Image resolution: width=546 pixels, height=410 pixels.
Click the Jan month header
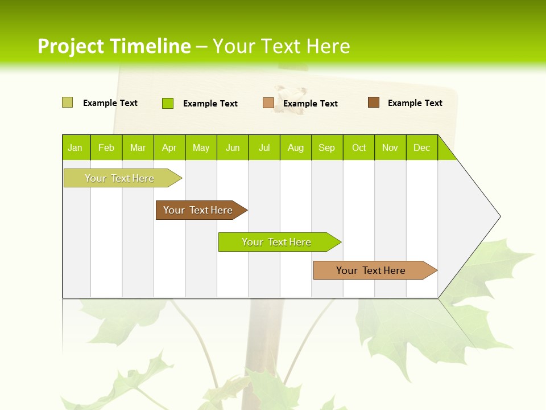(x=75, y=147)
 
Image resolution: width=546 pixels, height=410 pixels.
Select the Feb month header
(x=106, y=147)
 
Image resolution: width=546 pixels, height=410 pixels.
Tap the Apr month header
(x=169, y=147)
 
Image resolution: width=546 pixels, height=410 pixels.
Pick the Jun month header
(x=233, y=147)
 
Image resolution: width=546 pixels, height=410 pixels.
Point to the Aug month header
(x=296, y=147)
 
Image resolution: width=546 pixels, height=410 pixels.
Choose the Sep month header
(x=327, y=147)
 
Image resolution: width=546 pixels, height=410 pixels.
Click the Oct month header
(x=359, y=147)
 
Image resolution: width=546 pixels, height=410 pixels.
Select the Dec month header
(x=422, y=147)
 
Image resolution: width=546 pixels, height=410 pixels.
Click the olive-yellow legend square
(x=67, y=102)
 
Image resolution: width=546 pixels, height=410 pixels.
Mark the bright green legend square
(x=168, y=103)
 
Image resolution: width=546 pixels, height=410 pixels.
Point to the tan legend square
(x=268, y=103)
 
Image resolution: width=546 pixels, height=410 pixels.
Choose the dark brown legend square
(x=374, y=102)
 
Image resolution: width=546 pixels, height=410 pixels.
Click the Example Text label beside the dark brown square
(x=415, y=103)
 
